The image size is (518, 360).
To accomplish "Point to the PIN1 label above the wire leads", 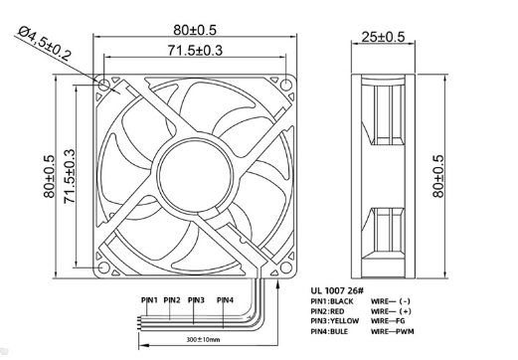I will pyautogui.click(x=148, y=299).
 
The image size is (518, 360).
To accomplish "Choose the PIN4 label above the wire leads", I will pyautogui.click(x=225, y=299).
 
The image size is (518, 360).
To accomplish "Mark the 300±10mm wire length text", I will pyautogui.click(x=203, y=340).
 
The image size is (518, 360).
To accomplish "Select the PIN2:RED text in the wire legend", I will pyautogui.click(x=332, y=310).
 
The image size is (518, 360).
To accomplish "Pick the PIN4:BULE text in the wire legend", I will pyautogui.click(x=333, y=331).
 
